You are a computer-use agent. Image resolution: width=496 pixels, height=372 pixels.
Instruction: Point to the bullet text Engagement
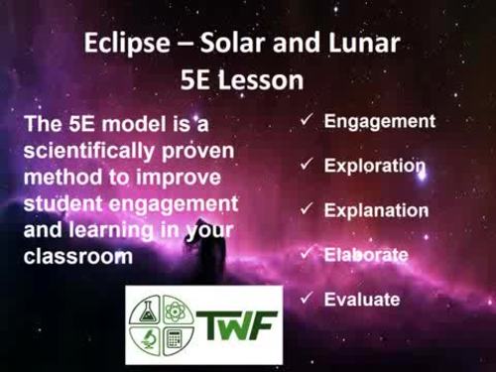click(x=380, y=121)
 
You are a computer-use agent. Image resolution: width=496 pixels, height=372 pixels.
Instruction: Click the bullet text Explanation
click(x=376, y=210)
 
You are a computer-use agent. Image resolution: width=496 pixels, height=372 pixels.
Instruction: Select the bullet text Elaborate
click(x=366, y=255)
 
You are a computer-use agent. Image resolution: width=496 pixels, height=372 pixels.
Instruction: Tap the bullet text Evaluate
click(x=362, y=299)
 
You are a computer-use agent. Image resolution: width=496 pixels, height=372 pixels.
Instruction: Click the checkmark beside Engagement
click(x=308, y=120)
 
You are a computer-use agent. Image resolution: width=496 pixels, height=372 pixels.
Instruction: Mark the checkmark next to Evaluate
click(x=308, y=298)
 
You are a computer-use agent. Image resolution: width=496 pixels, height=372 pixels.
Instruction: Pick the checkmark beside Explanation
click(x=308, y=209)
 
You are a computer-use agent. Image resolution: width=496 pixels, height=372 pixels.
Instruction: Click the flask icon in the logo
click(x=147, y=308)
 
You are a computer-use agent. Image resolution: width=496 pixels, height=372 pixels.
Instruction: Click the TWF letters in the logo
click(x=236, y=324)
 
